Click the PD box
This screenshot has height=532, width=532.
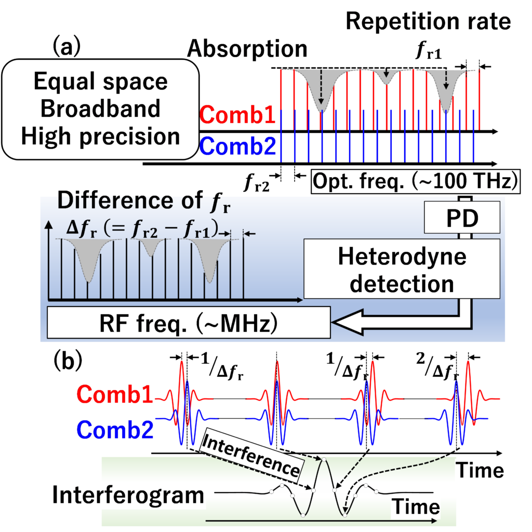point(462,218)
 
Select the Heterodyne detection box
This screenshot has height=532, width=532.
point(402,270)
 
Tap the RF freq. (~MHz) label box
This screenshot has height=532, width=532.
point(189,323)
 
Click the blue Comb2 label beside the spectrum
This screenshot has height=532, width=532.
point(238,147)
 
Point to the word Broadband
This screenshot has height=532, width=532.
point(100,109)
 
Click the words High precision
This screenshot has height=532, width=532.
point(100,137)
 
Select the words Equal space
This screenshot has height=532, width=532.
point(100,82)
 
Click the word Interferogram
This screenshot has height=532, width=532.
point(128,495)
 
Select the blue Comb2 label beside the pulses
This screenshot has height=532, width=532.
point(115,430)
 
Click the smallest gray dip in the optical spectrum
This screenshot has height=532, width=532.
point(385,78)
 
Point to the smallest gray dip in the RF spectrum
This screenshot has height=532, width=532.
point(151,248)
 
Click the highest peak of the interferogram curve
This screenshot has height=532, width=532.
point(323,460)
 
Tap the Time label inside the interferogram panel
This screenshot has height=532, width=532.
point(416,507)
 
